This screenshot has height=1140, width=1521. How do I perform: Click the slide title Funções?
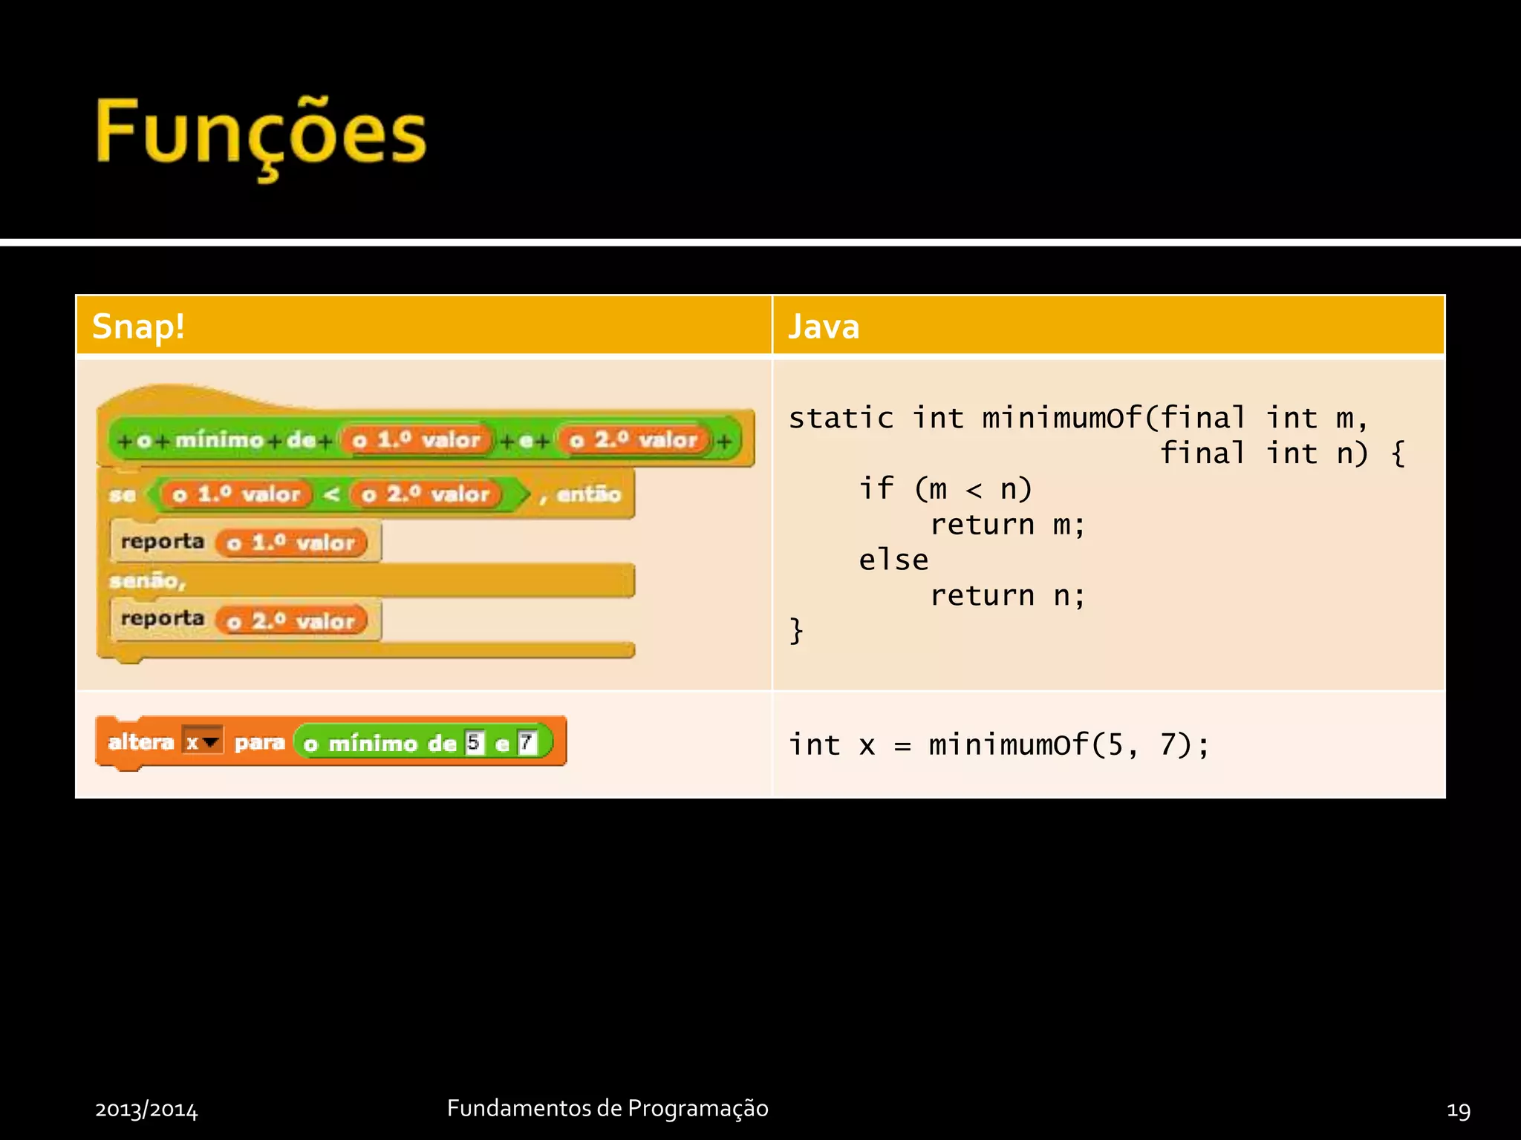coord(261,134)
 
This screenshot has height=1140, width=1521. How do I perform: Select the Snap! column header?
coord(138,327)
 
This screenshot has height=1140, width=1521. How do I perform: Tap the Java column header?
coord(824,327)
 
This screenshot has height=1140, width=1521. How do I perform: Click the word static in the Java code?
coord(841,419)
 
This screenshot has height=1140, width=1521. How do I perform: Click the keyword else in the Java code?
coord(893,560)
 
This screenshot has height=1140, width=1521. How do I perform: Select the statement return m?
coord(1007,525)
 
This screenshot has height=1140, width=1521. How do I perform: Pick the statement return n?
coord(1007,596)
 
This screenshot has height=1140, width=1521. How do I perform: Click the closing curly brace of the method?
coord(796,632)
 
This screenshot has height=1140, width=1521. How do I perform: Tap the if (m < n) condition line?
coord(945,490)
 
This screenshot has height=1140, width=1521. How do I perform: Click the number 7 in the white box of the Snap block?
coord(527,742)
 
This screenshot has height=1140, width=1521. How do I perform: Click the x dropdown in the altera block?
coord(202,741)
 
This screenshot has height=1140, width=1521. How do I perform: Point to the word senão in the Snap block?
coord(146,581)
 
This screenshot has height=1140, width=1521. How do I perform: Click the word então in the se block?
coord(588,494)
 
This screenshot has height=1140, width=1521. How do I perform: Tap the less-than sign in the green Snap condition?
coord(332,494)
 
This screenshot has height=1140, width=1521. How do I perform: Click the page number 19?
coord(1458,1110)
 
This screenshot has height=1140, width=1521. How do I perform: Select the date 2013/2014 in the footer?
coord(146,1110)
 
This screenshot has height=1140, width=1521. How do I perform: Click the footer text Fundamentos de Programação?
coord(608,1108)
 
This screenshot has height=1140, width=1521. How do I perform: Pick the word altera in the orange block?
coord(140,742)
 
